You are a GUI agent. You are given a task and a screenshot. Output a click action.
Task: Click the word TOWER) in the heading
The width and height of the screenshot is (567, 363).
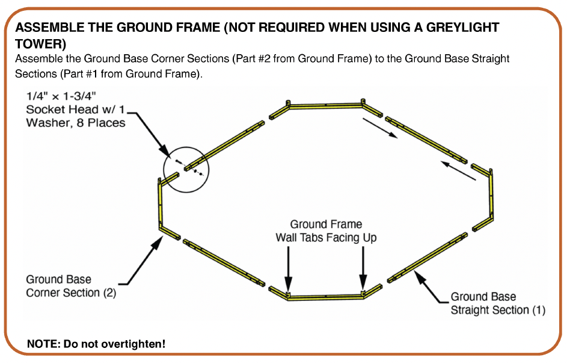(x=40, y=44)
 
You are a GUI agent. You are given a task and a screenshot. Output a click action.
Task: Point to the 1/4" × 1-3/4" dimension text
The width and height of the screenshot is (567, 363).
(x=61, y=96)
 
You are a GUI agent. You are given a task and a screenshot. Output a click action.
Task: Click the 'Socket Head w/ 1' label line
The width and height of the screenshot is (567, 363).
(x=75, y=110)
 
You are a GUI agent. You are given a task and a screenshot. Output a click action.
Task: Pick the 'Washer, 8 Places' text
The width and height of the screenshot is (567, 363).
(x=76, y=123)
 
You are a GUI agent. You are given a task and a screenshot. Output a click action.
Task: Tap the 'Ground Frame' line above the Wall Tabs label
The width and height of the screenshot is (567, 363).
(x=326, y=225)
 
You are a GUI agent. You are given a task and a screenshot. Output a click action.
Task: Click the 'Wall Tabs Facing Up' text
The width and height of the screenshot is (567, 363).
(x=326, y=238)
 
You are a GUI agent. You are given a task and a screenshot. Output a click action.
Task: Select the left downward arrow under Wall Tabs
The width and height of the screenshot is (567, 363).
(x=288, y=268)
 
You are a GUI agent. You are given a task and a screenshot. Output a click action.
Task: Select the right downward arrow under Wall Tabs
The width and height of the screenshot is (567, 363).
(x=363, y=268)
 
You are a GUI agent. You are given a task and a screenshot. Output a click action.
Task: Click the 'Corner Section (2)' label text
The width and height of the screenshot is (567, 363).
(x=71, y=293)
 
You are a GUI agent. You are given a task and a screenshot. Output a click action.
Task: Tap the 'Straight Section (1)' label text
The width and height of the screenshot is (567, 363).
(x=498, y=310)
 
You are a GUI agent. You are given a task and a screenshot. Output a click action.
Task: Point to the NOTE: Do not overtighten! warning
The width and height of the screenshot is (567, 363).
(x=96, y=344)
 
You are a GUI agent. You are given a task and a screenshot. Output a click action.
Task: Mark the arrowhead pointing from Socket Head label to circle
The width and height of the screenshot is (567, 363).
(x=169, y=155)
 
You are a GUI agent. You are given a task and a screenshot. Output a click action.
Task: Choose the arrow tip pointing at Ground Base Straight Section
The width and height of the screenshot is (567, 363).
(x=414, y=271)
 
